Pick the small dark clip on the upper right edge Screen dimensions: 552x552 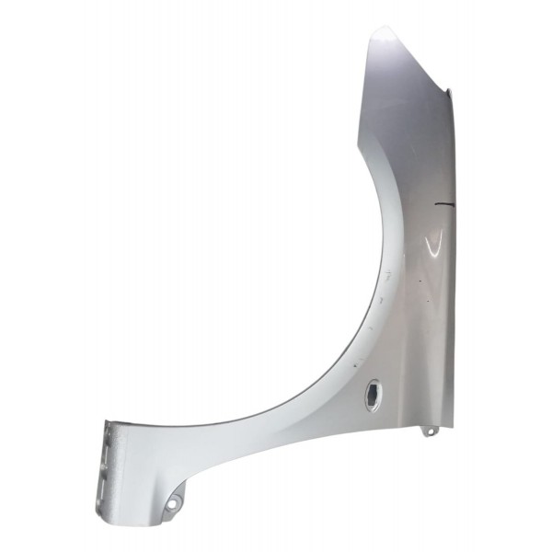point(451,93)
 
